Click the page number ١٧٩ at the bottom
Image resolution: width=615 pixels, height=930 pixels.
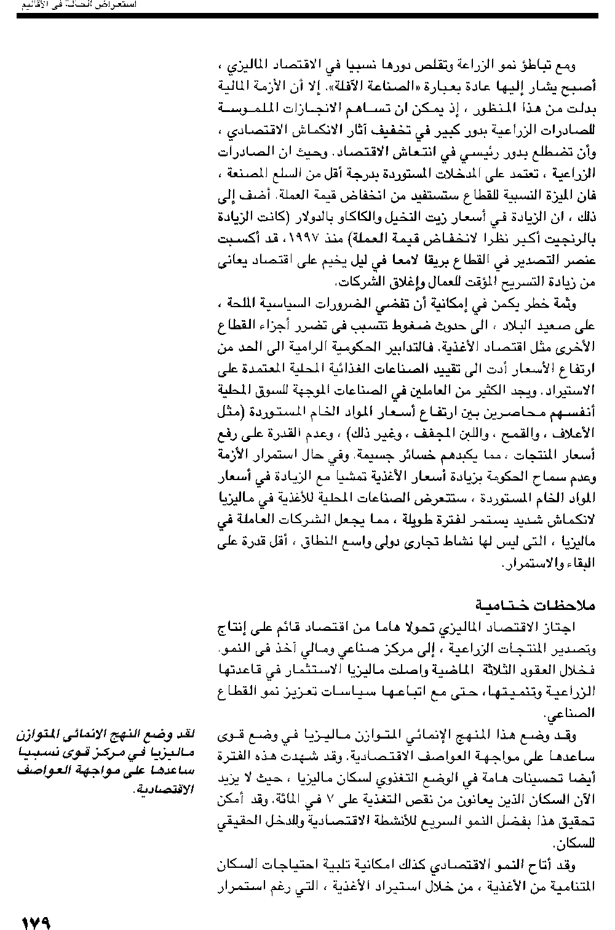35,921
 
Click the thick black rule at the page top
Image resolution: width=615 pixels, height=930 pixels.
307,14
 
